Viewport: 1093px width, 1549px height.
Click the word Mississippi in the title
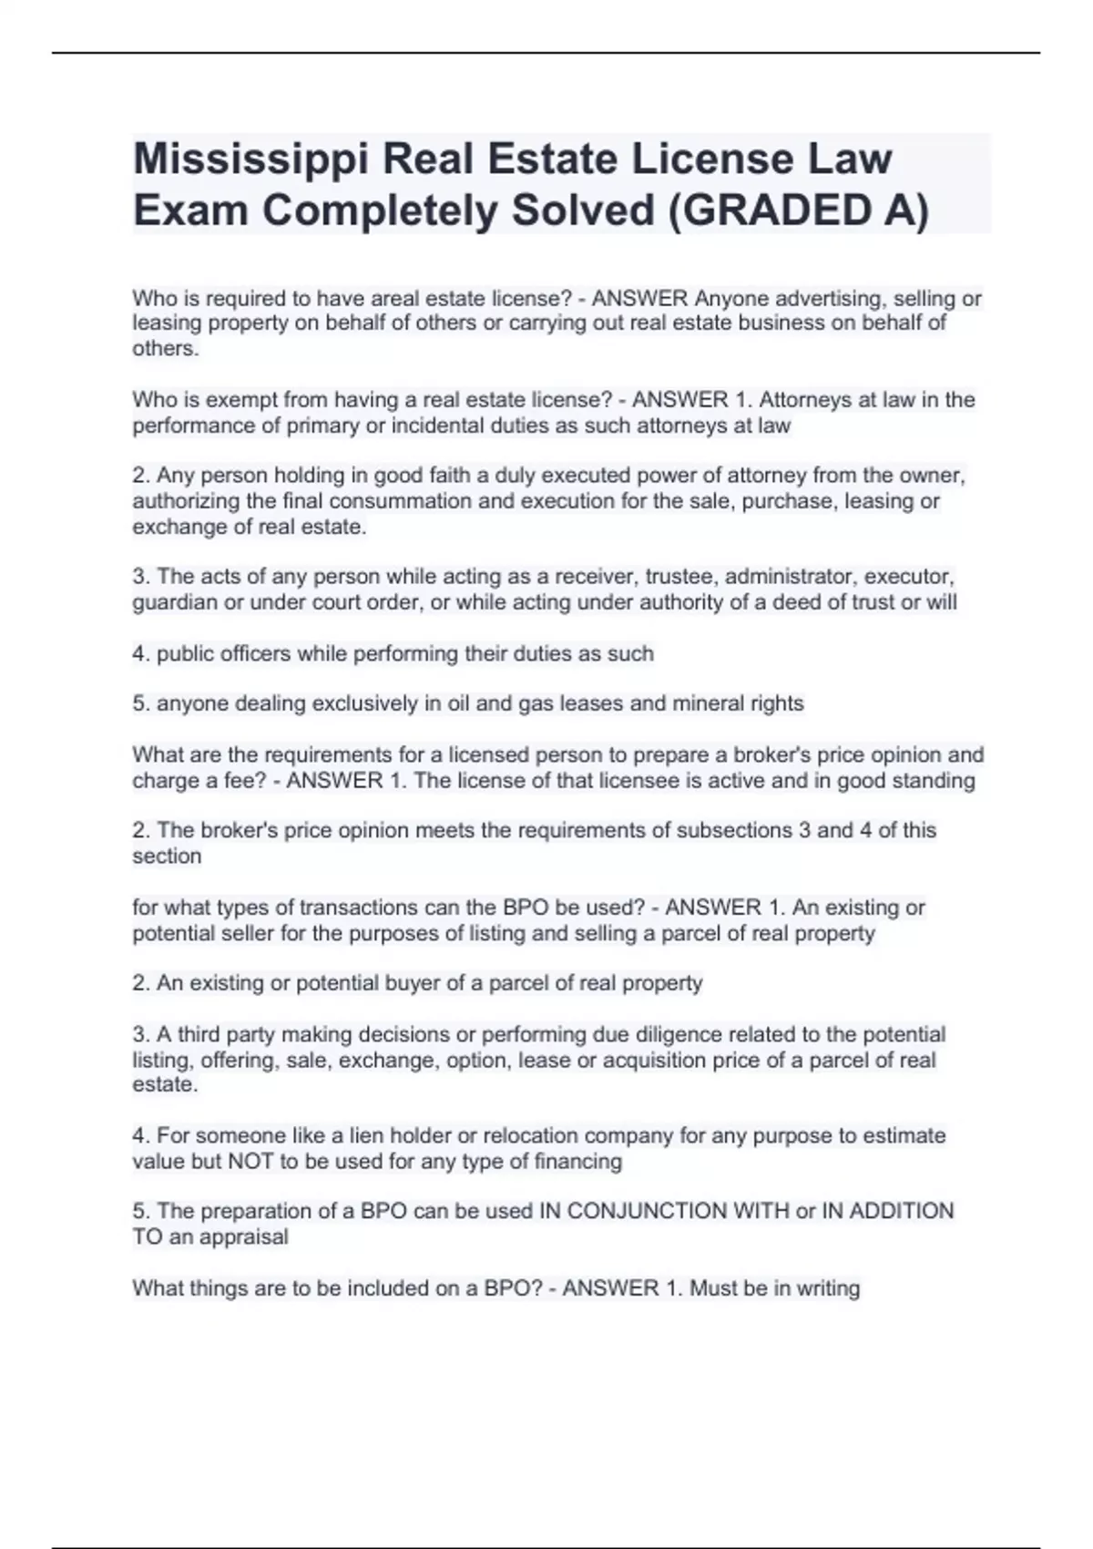(250, 160)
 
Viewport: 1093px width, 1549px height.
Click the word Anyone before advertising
(730, 299)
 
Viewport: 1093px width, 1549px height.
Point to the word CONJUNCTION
(641, 1211)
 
